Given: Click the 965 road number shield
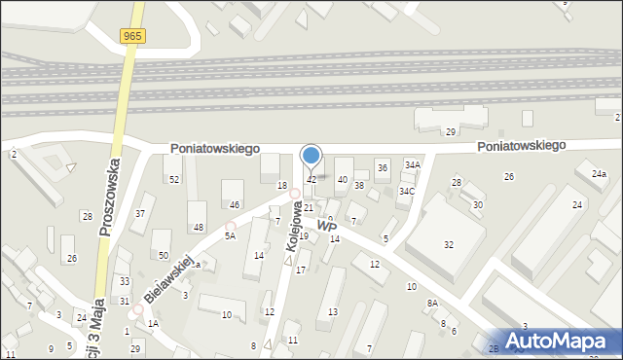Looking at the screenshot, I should coord(134,36).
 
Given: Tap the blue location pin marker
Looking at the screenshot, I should coord(311,155).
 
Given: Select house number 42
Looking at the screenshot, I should coord(311,180).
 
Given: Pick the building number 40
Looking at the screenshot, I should coord(342,180).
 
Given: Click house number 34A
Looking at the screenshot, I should coord(413,165).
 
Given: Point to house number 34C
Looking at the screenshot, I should coord(406,192).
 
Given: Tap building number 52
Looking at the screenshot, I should coord(174,180).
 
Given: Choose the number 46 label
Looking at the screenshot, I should coord(234,205).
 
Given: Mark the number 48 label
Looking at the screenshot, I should coord(199,228).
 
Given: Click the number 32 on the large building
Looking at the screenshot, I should coord(449,245).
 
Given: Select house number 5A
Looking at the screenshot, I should coord(230,236).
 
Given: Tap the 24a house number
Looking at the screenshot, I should coord(599,173).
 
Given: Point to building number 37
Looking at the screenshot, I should coord(140,213).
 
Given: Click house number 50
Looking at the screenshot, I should coord(163,255).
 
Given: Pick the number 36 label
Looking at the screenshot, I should coord(383,168).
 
